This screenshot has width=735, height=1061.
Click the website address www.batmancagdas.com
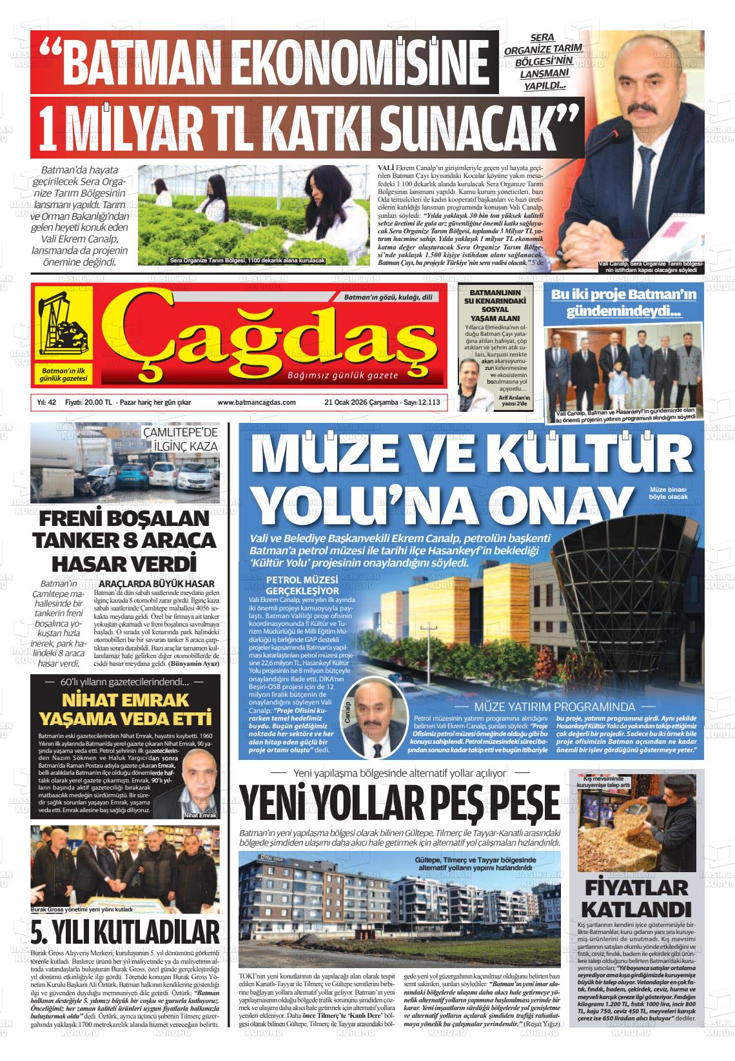(257, 402)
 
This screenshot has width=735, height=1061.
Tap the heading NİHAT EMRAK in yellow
(125, 701)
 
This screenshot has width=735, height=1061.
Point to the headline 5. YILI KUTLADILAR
(125, 932)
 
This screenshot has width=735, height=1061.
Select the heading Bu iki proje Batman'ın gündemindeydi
(623, 303)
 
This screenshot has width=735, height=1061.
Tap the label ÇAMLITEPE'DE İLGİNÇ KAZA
(181, 438)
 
